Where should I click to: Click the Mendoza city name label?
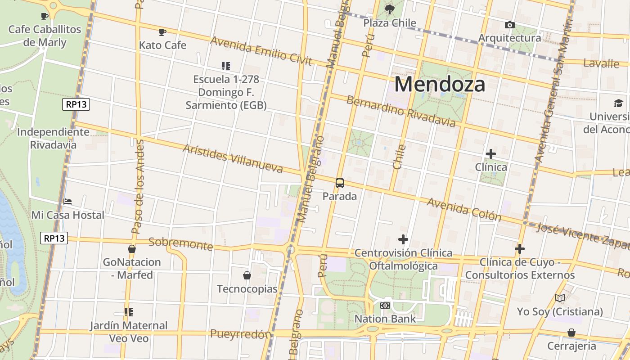[440, 84]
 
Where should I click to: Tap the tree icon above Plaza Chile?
[390, 9]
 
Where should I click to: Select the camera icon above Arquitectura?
[509, 25]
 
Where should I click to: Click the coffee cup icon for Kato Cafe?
[162, 32]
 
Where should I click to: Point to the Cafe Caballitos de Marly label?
[45, 36]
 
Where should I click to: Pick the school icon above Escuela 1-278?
[226, 66]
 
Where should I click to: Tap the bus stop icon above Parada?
[340, 183]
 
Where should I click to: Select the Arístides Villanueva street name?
[233, 158]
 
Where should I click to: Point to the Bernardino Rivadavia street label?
[401, 111]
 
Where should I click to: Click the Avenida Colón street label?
[463, 209]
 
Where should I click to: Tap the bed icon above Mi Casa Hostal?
[67, 202]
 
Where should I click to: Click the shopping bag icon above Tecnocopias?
[247, 275]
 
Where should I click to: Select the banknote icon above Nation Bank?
[385, 306]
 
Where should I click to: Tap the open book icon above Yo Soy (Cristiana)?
[559, 298]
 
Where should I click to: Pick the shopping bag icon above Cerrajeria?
[571, 333]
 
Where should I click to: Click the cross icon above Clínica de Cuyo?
[520, 249]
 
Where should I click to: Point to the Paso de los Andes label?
[138, 187]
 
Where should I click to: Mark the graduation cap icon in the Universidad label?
[618, 103]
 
